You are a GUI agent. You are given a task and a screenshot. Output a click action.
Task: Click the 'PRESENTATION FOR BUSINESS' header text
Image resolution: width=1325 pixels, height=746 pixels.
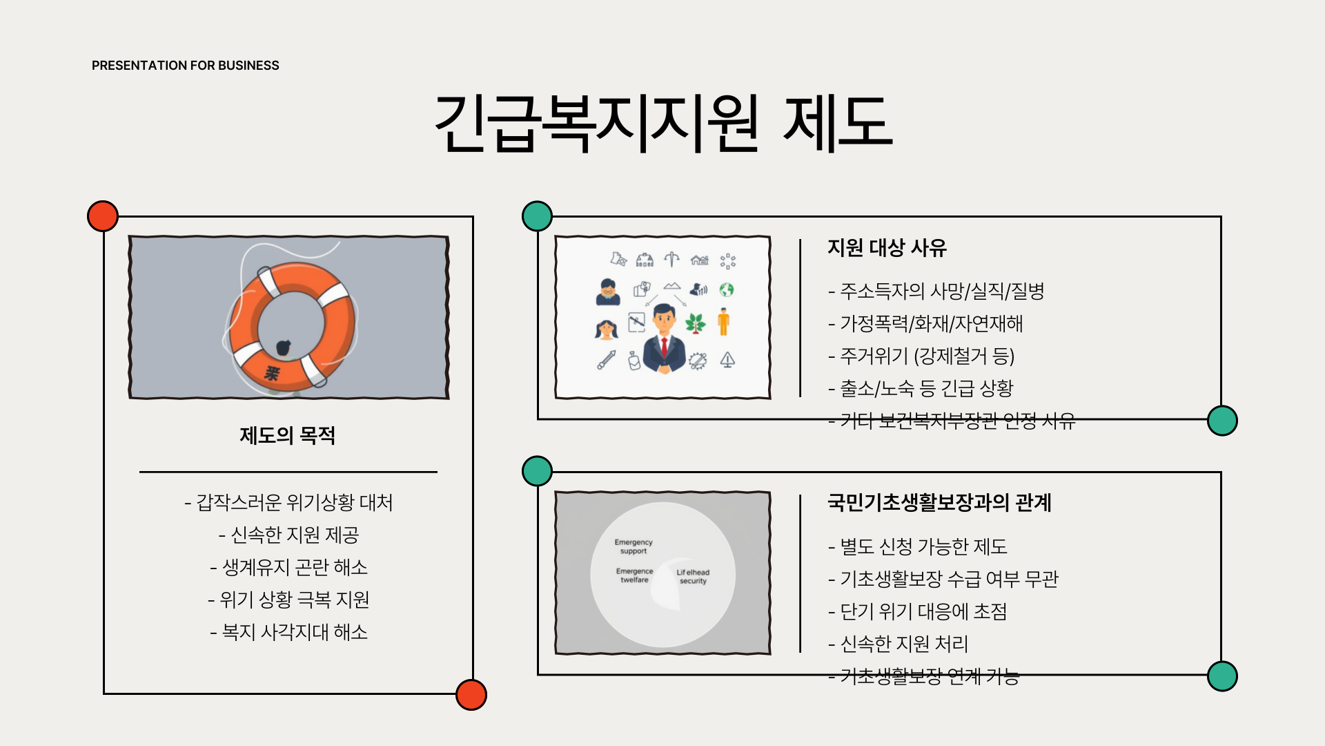tap(185, 66)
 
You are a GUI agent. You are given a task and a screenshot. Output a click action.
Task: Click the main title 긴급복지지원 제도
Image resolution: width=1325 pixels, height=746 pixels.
tap(662, 123)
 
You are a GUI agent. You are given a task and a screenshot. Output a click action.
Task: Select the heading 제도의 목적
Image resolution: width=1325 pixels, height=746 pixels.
tap(288, 436)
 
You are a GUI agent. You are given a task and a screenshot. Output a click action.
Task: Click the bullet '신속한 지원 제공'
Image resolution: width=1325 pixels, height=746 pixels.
tap(288, 535)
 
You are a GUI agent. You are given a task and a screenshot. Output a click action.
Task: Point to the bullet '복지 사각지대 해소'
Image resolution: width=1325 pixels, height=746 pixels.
tap(288, 632)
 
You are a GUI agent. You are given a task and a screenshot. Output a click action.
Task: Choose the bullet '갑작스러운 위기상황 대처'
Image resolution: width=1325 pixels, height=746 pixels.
tap(288, 502)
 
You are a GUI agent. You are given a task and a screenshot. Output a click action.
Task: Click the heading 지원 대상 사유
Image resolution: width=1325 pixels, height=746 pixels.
tap(887, 247)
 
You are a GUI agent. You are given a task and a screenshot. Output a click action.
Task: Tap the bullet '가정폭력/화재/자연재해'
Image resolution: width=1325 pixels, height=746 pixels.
tap(925, 323)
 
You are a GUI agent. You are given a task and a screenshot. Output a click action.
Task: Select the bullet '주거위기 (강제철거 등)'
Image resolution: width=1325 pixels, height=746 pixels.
tap(921, 356)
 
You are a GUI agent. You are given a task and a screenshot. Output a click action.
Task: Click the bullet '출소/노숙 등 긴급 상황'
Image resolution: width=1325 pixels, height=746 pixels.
tap(921, 388)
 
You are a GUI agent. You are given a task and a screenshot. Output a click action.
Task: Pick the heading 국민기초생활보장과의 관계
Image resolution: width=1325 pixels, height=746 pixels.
tap(939, 502)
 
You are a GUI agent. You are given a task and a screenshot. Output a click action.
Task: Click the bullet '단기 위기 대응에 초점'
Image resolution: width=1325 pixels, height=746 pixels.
tap(918, 611)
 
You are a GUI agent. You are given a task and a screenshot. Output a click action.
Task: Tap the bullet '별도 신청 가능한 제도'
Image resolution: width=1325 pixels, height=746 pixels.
tap(918, 546)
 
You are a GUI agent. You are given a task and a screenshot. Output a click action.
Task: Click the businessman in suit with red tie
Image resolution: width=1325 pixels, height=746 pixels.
tap(664, 338)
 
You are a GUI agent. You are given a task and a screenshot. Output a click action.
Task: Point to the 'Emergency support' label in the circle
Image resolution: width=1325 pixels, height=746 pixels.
tap(634, 546)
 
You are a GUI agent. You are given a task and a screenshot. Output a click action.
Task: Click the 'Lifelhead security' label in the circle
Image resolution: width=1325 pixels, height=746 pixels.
tap(693, 576)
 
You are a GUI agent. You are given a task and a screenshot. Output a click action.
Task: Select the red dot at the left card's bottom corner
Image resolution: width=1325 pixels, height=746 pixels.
tap(471, 694)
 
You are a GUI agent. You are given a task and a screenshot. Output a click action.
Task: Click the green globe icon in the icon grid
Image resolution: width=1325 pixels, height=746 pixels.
tap(727, 289)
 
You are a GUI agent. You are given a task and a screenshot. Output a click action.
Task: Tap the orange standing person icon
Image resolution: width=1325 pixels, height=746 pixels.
tap(723, 322)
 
